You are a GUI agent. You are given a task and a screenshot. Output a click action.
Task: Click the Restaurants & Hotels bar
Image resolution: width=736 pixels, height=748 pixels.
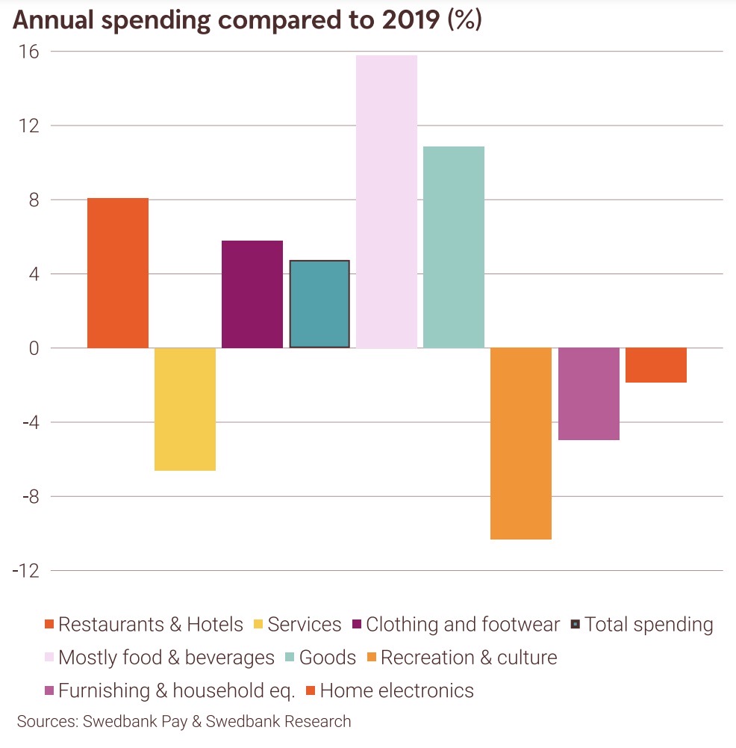[118, 273]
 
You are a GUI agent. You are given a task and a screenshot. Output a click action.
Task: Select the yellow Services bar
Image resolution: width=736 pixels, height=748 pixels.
[185, 409]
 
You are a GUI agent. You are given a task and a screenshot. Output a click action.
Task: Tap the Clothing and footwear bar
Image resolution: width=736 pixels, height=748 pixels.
[252, 294]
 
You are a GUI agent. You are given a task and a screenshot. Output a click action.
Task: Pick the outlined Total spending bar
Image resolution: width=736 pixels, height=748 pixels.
[319, 304]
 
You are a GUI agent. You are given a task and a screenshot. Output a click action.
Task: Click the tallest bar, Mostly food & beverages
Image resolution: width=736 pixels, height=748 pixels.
[387, 202]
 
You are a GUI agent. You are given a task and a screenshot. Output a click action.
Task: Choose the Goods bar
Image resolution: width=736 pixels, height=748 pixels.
[454, 247]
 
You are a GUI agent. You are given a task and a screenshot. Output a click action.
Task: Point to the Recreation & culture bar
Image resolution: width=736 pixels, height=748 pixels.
[521, 443]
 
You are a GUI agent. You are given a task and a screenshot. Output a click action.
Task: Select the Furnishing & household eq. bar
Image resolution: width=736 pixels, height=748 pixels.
[588, 394]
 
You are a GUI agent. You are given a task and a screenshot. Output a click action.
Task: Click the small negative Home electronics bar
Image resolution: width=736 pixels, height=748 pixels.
[655, 365]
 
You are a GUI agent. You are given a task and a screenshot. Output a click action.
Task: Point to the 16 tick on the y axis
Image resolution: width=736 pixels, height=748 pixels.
[30, 52]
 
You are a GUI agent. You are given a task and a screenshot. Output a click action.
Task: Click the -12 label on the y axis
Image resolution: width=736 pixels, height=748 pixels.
[25, 571]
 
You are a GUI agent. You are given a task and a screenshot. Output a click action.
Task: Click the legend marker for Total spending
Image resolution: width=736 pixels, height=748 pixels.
[575, 625]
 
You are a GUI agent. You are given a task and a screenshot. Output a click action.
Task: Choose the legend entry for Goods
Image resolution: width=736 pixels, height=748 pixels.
[327, 658]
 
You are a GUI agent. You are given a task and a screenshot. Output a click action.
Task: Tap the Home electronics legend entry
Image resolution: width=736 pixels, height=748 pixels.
[396, 690]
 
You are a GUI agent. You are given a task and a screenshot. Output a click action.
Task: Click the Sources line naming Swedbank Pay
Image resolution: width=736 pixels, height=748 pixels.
[184, 722]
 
